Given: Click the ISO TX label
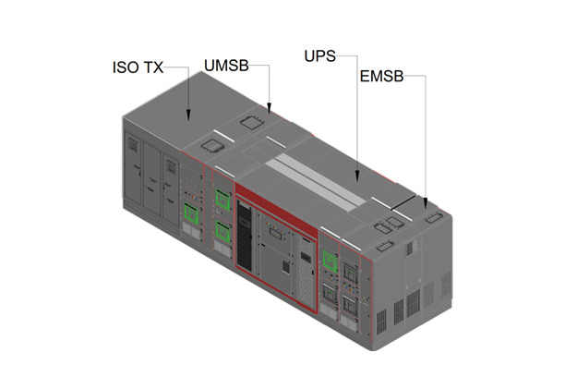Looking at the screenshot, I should click(138, 67).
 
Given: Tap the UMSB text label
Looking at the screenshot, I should click(226, 65).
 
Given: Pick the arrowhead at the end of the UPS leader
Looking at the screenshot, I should click(356, 172).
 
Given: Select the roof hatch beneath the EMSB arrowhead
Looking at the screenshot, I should click(435, 218).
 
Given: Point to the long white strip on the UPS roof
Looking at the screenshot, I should click(314, 176).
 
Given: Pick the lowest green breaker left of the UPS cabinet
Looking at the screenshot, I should click(222, 229).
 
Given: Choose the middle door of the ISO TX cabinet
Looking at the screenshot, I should click(150, 180).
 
